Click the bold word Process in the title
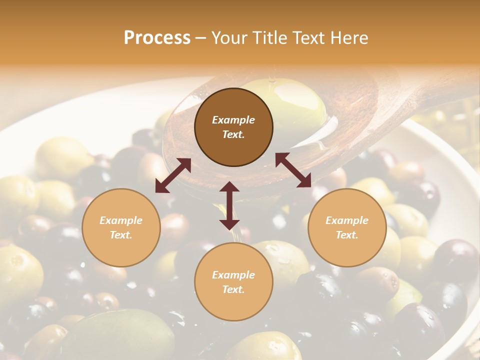157,38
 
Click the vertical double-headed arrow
229,205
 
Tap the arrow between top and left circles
173,175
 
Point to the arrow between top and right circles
293,170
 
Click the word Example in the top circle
233,120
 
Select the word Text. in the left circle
121,235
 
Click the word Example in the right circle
347,220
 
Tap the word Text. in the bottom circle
233,289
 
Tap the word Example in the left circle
121,220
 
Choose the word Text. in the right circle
347,235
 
